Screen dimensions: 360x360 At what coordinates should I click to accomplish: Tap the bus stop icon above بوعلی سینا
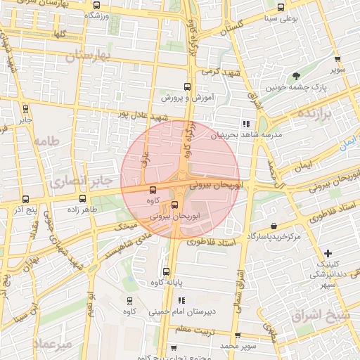click(282, 7)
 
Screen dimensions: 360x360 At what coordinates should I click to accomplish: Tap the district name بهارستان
click(89, 56)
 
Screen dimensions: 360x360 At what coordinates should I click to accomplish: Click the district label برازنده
click(314, 113)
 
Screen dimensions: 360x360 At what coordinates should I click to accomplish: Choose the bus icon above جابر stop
click(26, 109)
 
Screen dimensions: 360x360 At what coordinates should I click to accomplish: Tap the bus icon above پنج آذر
click(26, 199)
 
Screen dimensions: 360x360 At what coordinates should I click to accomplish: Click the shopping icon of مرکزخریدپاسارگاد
click(273, 226)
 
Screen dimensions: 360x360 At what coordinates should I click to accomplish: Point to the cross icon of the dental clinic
click(328, 252)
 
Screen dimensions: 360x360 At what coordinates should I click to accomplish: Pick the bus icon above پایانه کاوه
click(167, 272)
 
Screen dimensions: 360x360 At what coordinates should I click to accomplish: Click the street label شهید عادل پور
click(143, 112)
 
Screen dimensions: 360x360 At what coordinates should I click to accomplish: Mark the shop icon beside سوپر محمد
click(237, 335)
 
